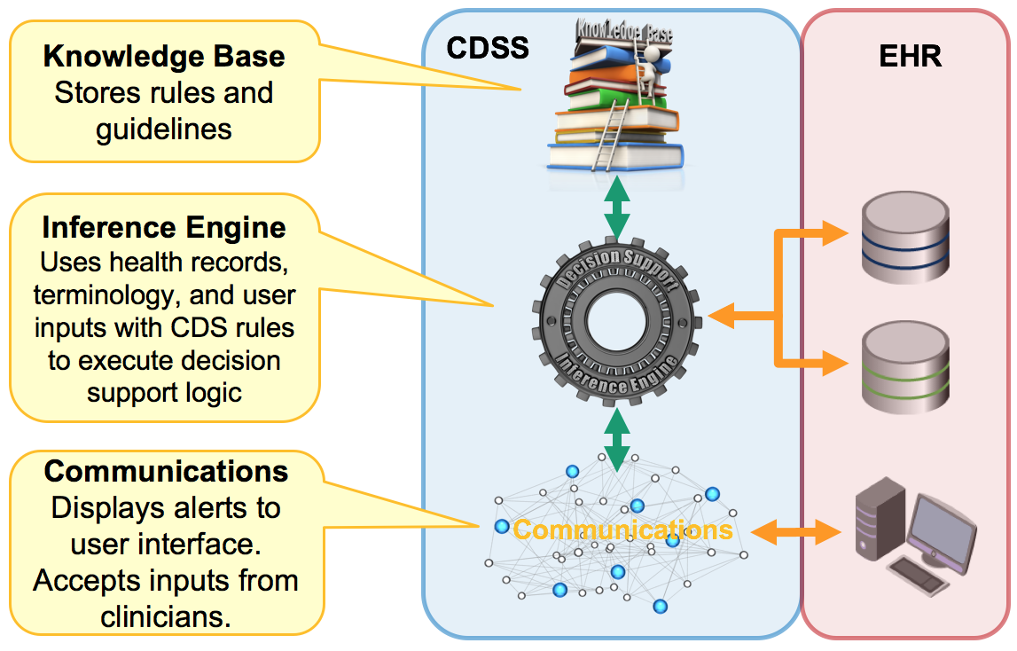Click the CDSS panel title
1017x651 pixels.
coord(487,46)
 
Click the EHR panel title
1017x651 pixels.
coord(910,56)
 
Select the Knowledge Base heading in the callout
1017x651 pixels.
coord(164,56)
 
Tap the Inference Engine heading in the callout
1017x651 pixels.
coord(164,227)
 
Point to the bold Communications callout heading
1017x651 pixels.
coord(166,470)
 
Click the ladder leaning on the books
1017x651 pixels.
coord(612,133)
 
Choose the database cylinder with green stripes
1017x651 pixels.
coord(907,366)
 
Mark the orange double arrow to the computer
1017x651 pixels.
coord(795,532)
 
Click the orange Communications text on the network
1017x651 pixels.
coord(622,529)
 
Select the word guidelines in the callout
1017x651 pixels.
coord(164,129)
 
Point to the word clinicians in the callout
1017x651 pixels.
coord(166,616)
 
